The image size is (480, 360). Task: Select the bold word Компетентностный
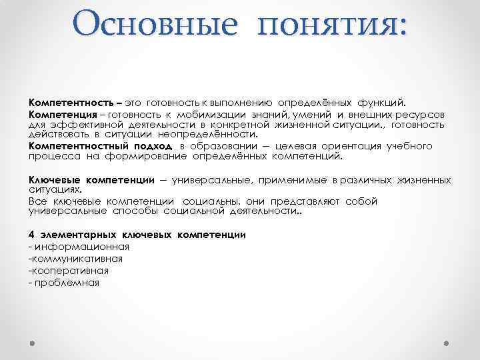coord(74,146)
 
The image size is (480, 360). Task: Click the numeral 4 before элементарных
coord(31,235)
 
